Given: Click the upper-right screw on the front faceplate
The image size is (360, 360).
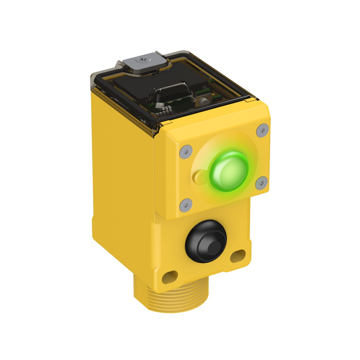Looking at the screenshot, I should (263, 130).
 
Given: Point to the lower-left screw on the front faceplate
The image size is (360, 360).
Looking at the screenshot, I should (186, 205).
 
